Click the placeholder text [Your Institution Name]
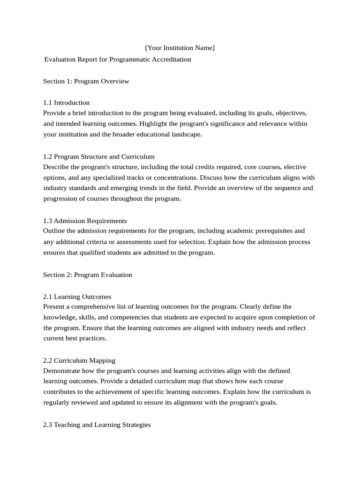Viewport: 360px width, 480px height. coord(180,48)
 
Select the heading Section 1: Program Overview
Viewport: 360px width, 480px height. coord(86,81)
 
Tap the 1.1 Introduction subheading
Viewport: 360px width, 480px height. coord(66,103)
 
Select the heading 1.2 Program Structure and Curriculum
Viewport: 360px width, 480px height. coord(98,157)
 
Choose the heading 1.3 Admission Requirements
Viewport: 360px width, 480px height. coord(85,221)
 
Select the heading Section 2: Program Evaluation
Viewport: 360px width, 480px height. coord(88,275)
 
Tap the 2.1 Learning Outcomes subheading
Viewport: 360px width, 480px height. coord(77,297)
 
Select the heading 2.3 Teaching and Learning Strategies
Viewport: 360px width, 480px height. coord(97,425)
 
